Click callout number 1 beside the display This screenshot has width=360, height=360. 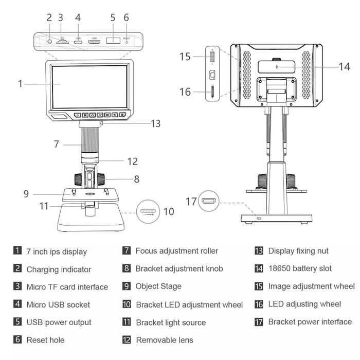point(21,83)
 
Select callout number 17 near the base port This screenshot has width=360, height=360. point(191,202)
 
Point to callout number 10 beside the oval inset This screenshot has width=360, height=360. point(169,211)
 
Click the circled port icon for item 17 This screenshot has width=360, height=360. point(209,201)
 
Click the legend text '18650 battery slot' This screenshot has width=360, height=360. point(300,268)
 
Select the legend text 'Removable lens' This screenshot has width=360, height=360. point(165,340)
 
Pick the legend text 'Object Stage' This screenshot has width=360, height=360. point(158,286)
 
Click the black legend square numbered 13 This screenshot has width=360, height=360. point(259,251)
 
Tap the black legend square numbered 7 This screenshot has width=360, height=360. point(126,251)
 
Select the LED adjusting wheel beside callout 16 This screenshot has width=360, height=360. point(212,92)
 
